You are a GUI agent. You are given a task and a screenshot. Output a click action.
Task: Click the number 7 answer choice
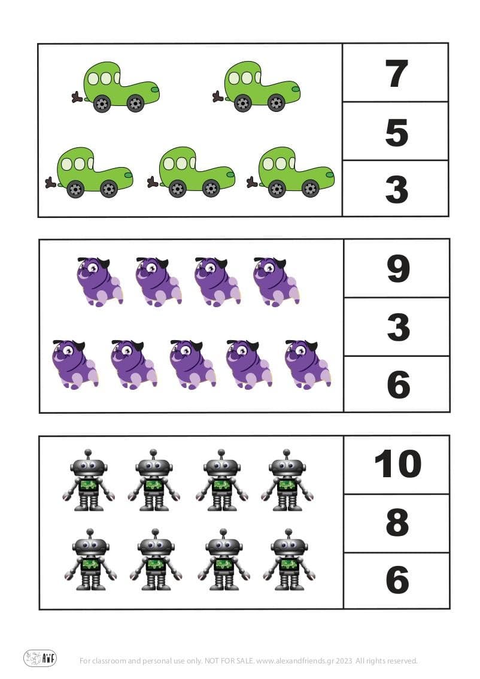point(396,74)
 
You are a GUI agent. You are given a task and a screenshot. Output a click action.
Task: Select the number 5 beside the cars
point(396,132)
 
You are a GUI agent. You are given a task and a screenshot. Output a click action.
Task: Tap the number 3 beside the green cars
point(396,190)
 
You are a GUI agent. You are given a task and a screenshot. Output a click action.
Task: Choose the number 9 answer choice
point(397,269)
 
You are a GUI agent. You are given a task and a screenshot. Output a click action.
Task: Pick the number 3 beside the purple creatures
point(397,327)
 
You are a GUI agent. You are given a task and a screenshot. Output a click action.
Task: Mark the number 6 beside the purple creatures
point(398,384)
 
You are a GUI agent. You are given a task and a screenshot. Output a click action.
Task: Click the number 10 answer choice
point(397,464)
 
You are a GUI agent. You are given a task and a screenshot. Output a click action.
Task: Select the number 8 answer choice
point(397,522)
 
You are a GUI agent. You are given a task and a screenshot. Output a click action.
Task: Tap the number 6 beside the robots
point(397,580)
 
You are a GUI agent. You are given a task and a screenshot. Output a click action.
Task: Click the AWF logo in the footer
point(40,659)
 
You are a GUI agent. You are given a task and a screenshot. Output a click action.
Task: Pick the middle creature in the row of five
point(193,364)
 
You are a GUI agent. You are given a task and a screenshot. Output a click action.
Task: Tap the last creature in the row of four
point(276,281)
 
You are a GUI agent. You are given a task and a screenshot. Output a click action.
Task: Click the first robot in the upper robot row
point(89,481)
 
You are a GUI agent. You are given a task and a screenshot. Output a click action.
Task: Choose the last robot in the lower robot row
point(289,559)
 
